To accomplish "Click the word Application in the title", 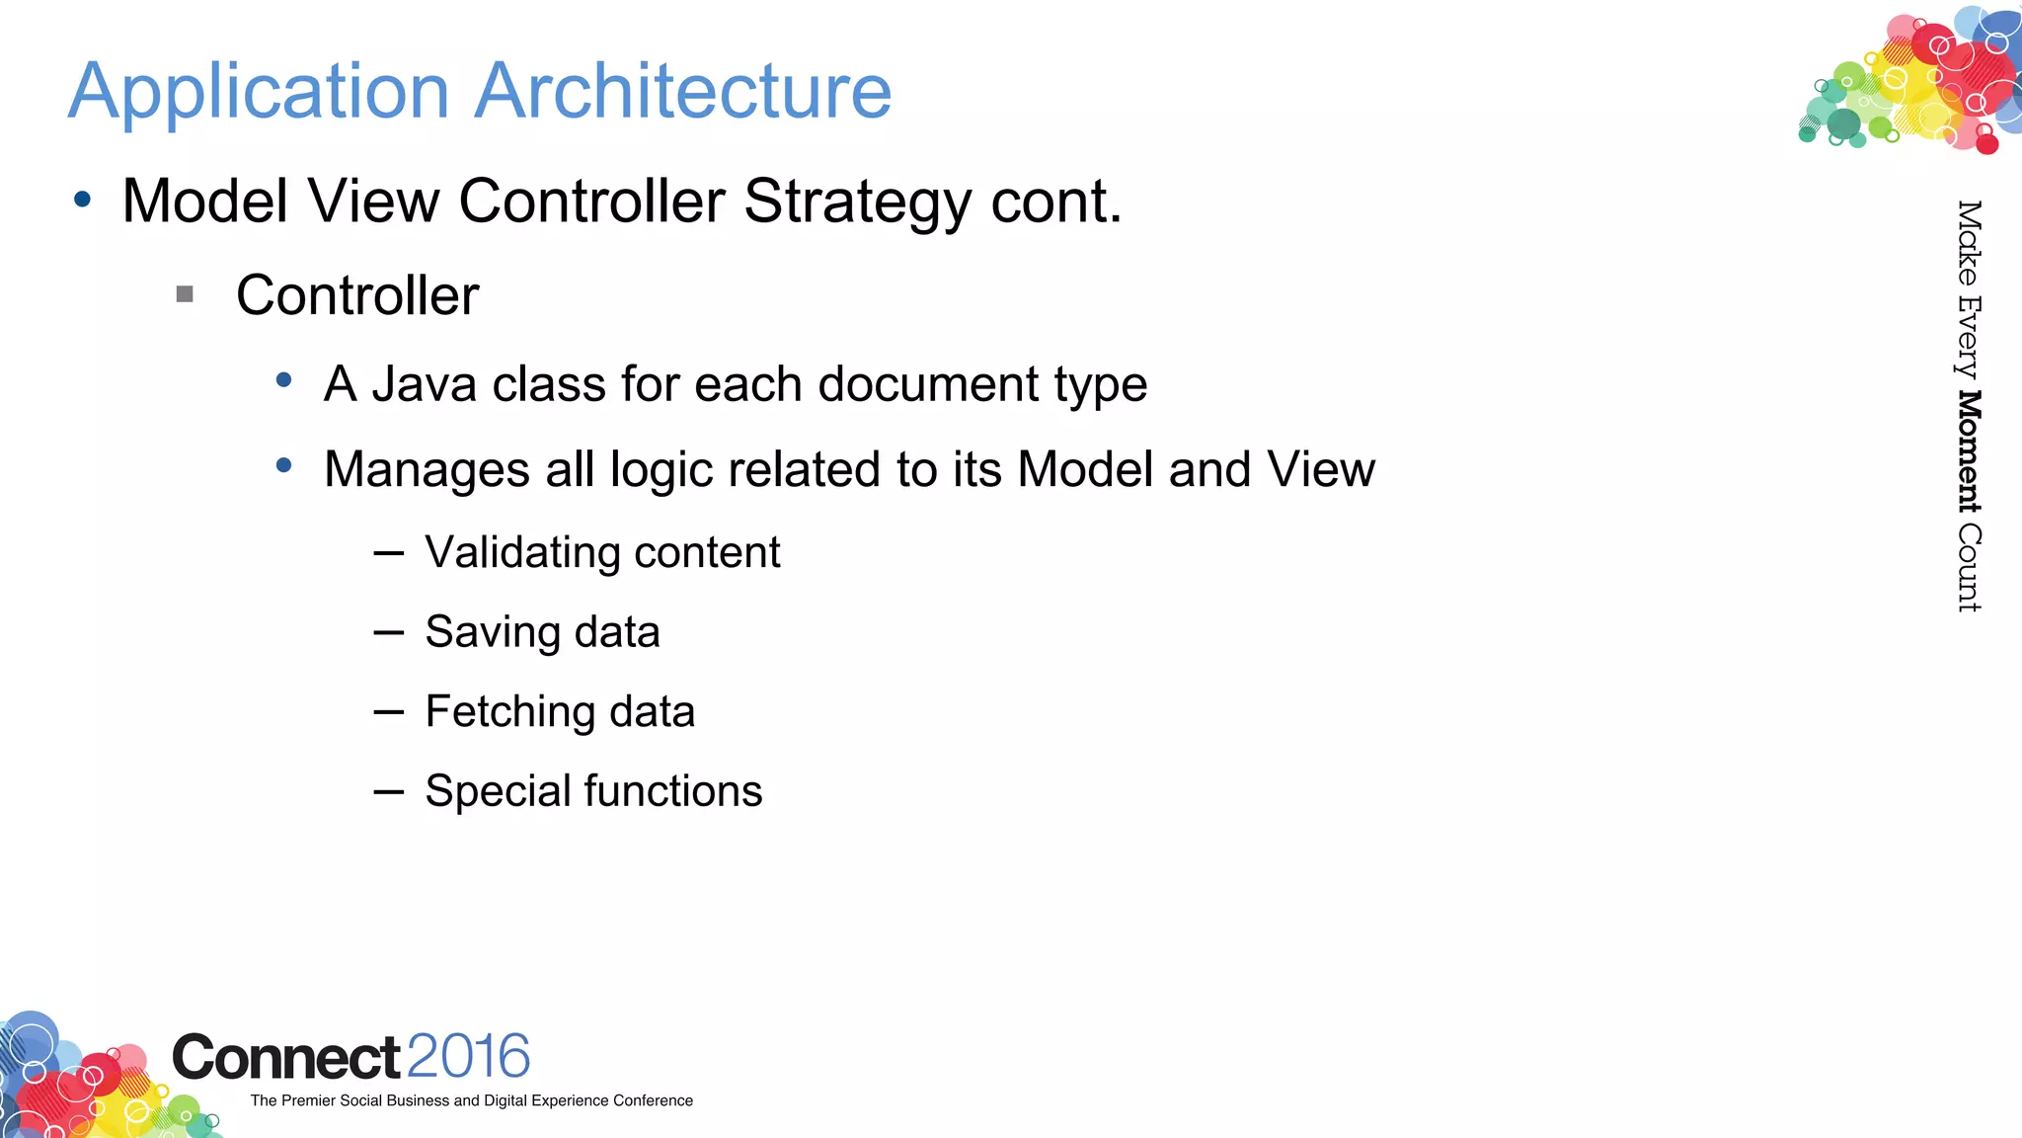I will tap(259, 92).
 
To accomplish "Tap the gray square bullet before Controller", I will tap(185, 294).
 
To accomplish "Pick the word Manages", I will tap(427, 470).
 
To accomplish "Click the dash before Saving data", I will tap(389, 632).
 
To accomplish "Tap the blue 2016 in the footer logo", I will tap(468, 1056).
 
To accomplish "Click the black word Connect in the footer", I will tap(286, 1058).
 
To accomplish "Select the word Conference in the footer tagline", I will tap(653, 1100).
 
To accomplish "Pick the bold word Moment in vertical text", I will tap(1969, 451).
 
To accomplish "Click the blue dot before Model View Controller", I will tap(83, 201).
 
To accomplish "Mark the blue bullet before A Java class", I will tap(284, 379).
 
